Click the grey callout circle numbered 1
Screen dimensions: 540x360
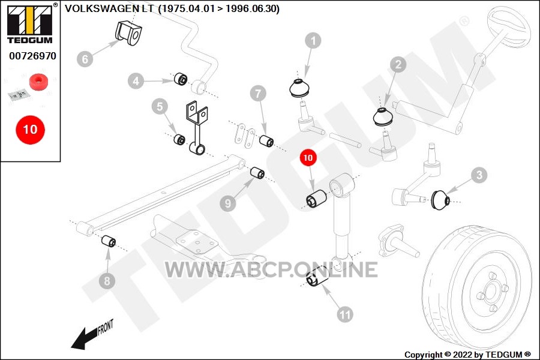click(x=313, y=41)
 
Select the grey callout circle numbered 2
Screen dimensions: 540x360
click(x=398, y=64)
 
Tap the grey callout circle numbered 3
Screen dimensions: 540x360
click(x=479, y=175)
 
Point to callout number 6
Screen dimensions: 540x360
click(x=85, y=59)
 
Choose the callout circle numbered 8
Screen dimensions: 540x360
click(x=107, y=281)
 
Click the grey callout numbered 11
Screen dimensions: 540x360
click(x=345, y=314)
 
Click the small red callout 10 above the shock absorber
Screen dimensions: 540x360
click(x=308, y=158)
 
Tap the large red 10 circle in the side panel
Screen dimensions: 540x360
click(x=31, y=130)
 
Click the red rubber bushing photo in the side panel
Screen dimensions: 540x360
click(x=38, y=82)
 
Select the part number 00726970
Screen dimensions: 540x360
click(x=33, y=56)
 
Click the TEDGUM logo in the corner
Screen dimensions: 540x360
click(x=30, y=24)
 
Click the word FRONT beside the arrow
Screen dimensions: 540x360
click(x=106, y=327)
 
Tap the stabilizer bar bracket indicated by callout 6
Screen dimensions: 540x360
click(x=128, y=33)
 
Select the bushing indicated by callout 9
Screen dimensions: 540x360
click(x=257, y=173)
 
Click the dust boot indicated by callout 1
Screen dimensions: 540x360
click(x=301, y=88)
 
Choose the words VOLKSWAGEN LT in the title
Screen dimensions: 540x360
click(x=109, y=9)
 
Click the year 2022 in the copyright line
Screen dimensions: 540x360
click(x=463, y=355)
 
